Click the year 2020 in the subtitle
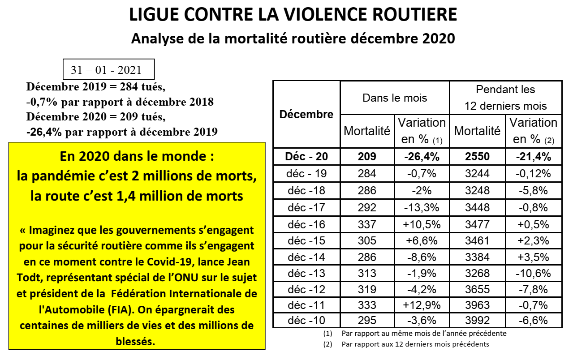pos(439,39)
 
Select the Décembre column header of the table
pos(306,114)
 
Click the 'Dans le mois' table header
pos(395,98)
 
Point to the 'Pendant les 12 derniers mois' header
pos(505,98)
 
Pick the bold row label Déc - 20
pos(306,156)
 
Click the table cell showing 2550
pos(477,156)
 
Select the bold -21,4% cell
pos(534,157)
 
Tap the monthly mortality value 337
pos(367,224)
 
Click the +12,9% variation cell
pos(422,305)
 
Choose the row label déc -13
pos(306,273)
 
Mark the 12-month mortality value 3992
pos(477,320)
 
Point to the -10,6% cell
pos(533,274)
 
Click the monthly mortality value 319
pos(367,289)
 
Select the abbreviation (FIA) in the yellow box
pos(121,310)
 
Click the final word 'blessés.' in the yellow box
pos(135,341)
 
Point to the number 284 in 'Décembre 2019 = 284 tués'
pos(129,87)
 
